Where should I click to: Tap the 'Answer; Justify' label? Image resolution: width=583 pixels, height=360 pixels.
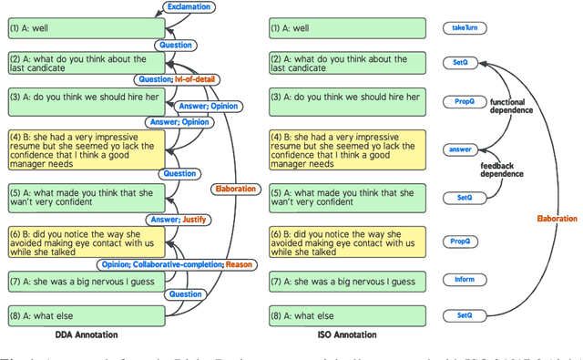coord(179,219)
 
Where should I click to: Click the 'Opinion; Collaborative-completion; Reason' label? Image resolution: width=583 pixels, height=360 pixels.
coord(177,264)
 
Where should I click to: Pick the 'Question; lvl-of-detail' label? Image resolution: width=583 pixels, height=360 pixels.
coord(178,79)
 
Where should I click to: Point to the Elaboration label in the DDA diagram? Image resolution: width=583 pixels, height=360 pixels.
coord(235,190)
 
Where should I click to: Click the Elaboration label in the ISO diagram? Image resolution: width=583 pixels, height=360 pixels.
coord(557,219)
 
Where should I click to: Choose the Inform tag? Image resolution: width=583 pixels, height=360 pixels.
coord(459,280)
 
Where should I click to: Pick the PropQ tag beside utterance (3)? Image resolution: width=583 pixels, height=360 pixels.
coord(460,101)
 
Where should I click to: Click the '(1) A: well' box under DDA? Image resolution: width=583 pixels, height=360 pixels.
coord(87,29)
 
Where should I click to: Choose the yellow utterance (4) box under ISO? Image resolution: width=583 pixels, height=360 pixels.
coord(346,150)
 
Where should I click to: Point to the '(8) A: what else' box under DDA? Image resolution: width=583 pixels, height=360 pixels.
coord(87,316)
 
